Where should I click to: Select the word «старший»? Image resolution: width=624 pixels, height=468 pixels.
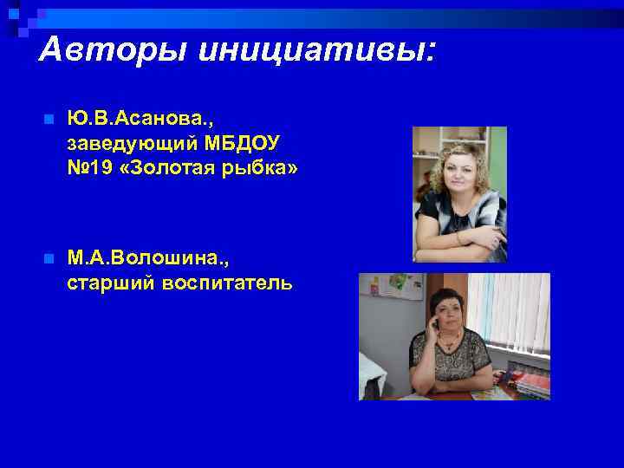108,283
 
